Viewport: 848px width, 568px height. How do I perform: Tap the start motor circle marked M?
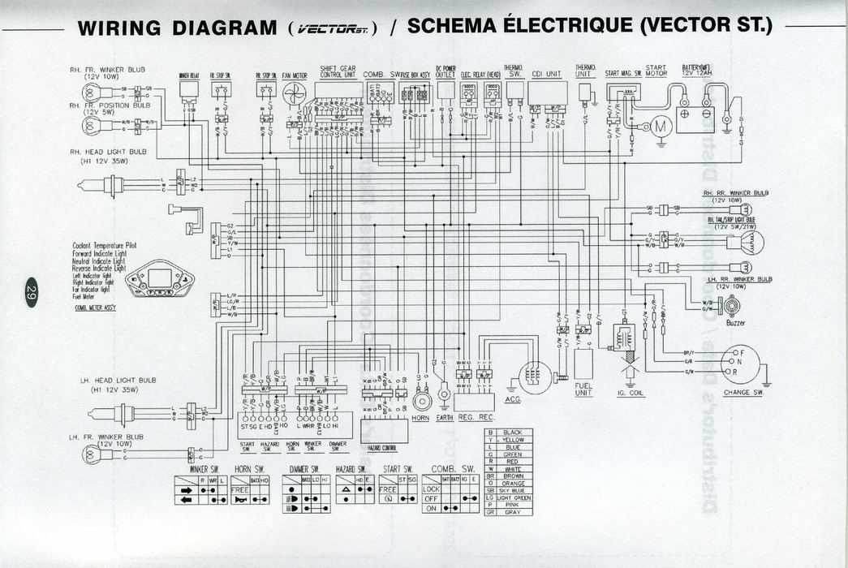point(659,127)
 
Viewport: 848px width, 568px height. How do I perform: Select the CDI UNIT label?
point(546,74)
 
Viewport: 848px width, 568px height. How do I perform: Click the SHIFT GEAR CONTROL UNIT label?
point(338,71)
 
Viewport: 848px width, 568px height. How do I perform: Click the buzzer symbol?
point(734,306)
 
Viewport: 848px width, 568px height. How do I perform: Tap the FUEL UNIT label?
point(583,390)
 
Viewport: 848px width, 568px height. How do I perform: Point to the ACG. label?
point(514,399)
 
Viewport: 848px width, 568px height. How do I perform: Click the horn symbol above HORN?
point(420,400)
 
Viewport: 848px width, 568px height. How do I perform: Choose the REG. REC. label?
point(476,417)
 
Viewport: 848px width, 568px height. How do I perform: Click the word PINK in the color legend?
point(513,505)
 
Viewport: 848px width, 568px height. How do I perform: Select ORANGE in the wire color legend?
point(513,483)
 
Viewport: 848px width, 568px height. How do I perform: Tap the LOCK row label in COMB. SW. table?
point(431,489)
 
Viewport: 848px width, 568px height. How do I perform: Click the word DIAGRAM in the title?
point(225,28)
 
